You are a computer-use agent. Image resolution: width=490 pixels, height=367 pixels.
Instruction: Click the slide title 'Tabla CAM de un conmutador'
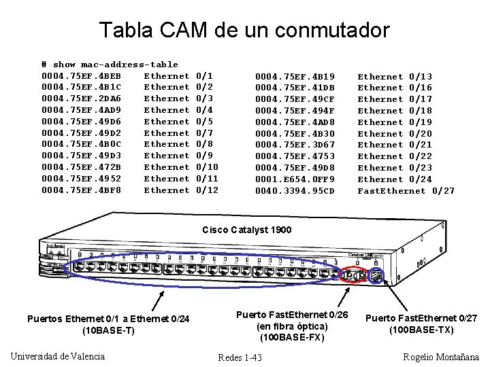pyautogui.click(x=244, y=30)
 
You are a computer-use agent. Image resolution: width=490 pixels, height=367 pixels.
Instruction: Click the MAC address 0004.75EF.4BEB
pyautogui.click(x=82, y=75)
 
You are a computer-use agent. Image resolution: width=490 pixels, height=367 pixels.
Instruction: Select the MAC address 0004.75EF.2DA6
pyautogui.click(x=82, y=99)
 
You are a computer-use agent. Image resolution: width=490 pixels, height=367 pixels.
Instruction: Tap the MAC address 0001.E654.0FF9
pyautogui.click(x=295, y=179)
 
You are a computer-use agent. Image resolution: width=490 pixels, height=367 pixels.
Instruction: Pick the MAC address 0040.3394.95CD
pyautogui.click(x=295, y=191)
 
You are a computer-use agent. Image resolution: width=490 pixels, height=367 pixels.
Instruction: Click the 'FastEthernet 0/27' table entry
pyautogui.click(x=406, y=191)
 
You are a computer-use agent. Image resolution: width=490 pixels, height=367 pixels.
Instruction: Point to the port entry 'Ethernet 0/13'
pyautogui.click(x=395, y=77)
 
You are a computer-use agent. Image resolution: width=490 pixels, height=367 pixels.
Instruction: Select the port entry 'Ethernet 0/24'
pyautogui.click(x=395, y=179)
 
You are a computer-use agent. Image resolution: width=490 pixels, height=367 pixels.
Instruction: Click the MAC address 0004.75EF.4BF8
pyautogui.click(x=82, y=190)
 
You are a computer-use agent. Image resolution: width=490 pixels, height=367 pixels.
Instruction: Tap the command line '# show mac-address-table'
pyautogui.click(x=110, y=65)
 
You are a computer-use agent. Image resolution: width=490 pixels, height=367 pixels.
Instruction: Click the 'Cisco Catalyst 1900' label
pyautogui.click(x=246, y=230)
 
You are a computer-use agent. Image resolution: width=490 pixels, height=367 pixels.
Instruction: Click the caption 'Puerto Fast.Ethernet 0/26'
pyautogui.click(x=292, y=315)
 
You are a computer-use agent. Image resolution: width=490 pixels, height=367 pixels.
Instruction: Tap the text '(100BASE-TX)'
pyautogui.click(x=421, y=330)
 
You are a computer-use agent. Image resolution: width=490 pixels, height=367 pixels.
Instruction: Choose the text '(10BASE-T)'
pyautogui.click(x=108, y=330)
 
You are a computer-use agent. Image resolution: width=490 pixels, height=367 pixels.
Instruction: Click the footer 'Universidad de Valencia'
pyautogui.click(x=59, y=356)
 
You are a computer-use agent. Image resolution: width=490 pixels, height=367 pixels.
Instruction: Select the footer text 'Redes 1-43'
pyautogui.click(x=240, y=357)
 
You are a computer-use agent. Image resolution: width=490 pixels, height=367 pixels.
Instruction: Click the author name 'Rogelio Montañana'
pyautogui.click(x=441, y=357)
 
